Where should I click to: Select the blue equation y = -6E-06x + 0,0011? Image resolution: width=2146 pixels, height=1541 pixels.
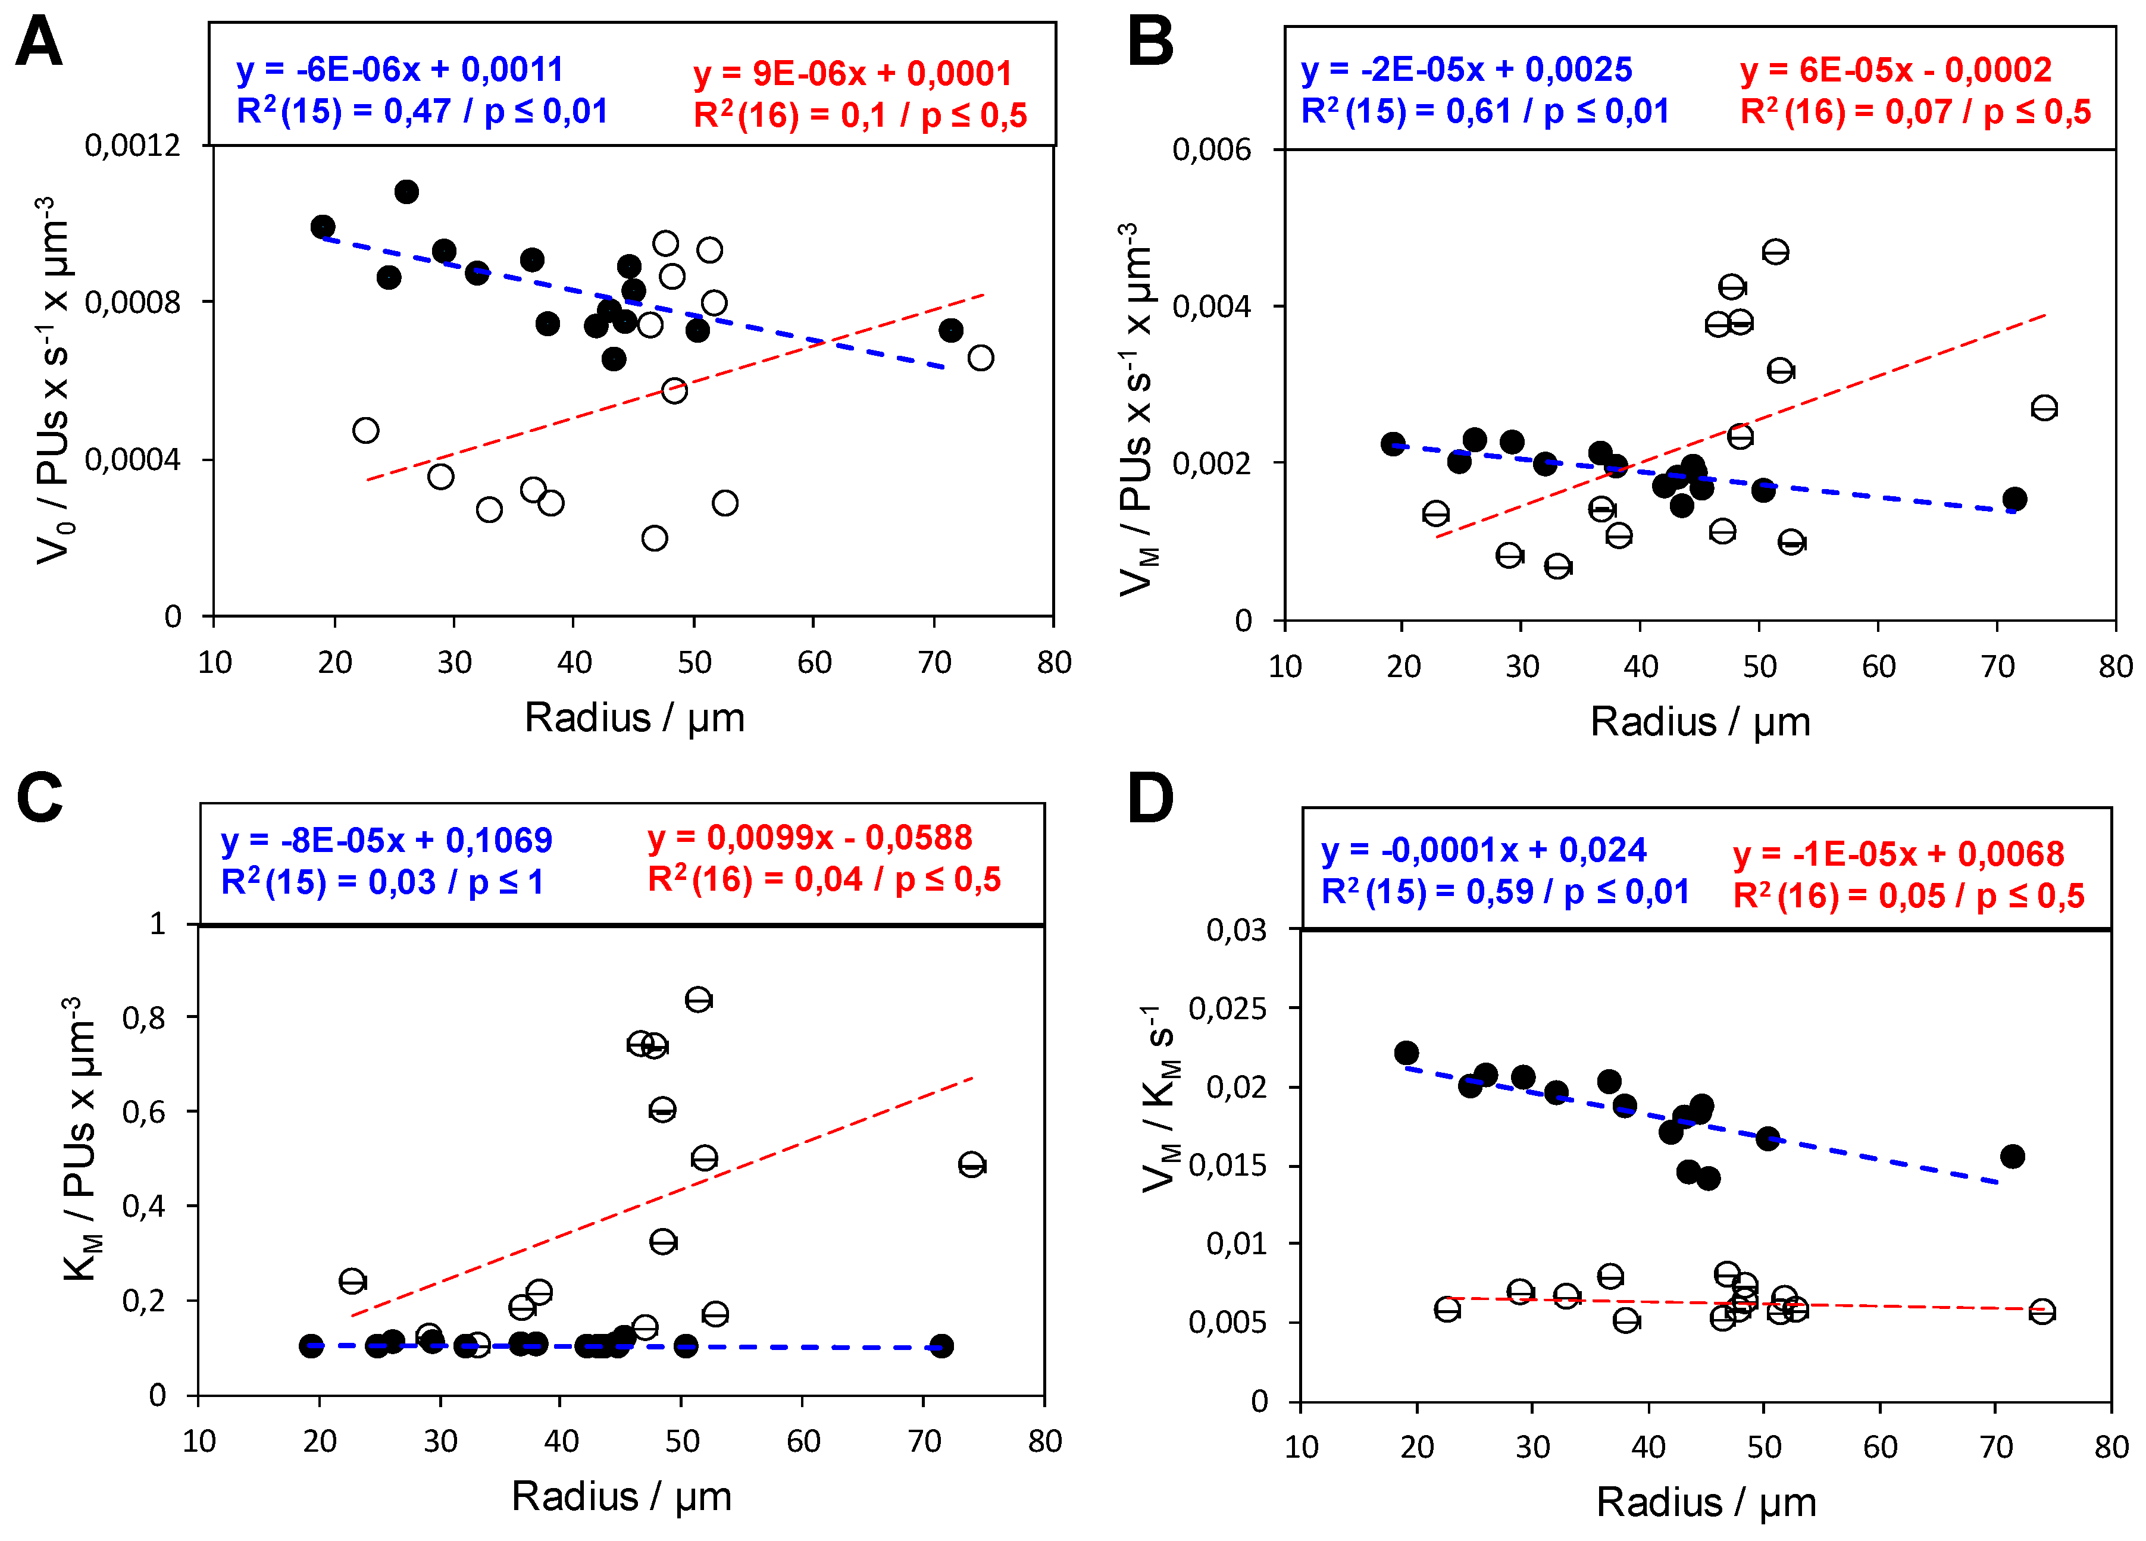(399, 69)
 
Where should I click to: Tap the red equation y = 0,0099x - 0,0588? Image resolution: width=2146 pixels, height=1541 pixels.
(809, 837)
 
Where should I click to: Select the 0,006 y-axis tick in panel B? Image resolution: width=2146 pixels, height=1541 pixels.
(1211, 149)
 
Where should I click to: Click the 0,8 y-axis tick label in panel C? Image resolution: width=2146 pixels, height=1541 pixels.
(144, 1018)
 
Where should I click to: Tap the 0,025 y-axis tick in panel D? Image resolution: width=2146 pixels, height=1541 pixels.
(1227, 1008)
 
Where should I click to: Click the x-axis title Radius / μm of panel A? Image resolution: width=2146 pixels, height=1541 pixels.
(634, 718)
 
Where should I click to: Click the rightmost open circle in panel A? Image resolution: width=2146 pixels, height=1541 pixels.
(980, 358)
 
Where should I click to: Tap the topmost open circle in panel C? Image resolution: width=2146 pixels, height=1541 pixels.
(698, 999)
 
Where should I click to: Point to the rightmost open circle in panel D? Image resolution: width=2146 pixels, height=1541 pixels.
(2042, 1311)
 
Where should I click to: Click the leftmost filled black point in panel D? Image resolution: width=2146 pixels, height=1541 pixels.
(1406, 1053)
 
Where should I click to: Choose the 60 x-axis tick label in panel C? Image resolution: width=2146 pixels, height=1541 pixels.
(803, 1442)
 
